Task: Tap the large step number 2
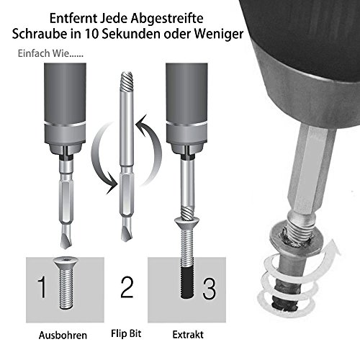[127, 289]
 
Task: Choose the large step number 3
[209, 289]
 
